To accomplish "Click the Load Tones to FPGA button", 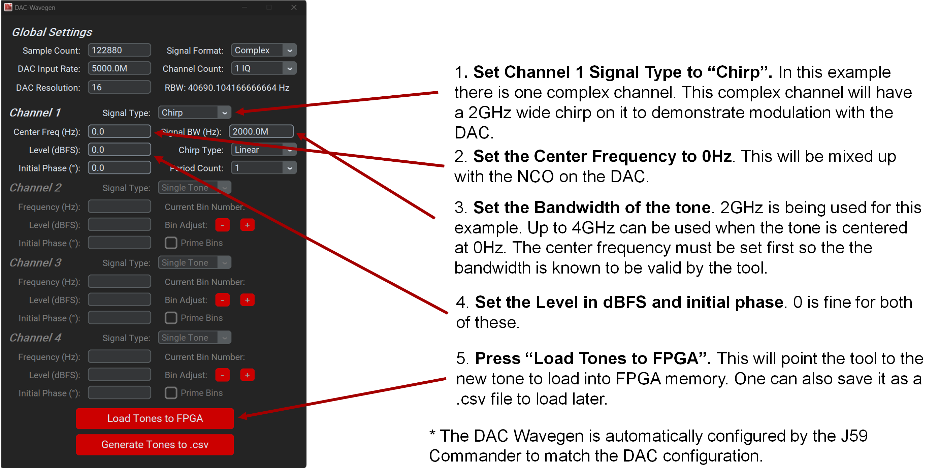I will [x=155, y=418].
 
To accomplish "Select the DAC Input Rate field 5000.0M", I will [x=119, y=68].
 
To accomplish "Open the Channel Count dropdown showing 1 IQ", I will [x=263, y=68].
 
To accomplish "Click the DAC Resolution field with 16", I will [x=119, y=87].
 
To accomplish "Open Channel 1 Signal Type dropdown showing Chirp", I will [x=194, y=113].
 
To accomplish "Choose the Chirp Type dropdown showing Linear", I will [x=263, y=150].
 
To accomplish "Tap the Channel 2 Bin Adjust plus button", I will [x=247, y=225].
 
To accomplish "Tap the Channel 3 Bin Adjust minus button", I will [x=222, y=300].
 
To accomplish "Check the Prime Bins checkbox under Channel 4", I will [x=171, y=393].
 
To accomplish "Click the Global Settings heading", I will [x=52, y=32].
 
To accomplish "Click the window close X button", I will [x=294, y=7].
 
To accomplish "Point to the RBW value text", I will [x=227, y=88].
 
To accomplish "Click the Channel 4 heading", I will [x=35, y=338].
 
